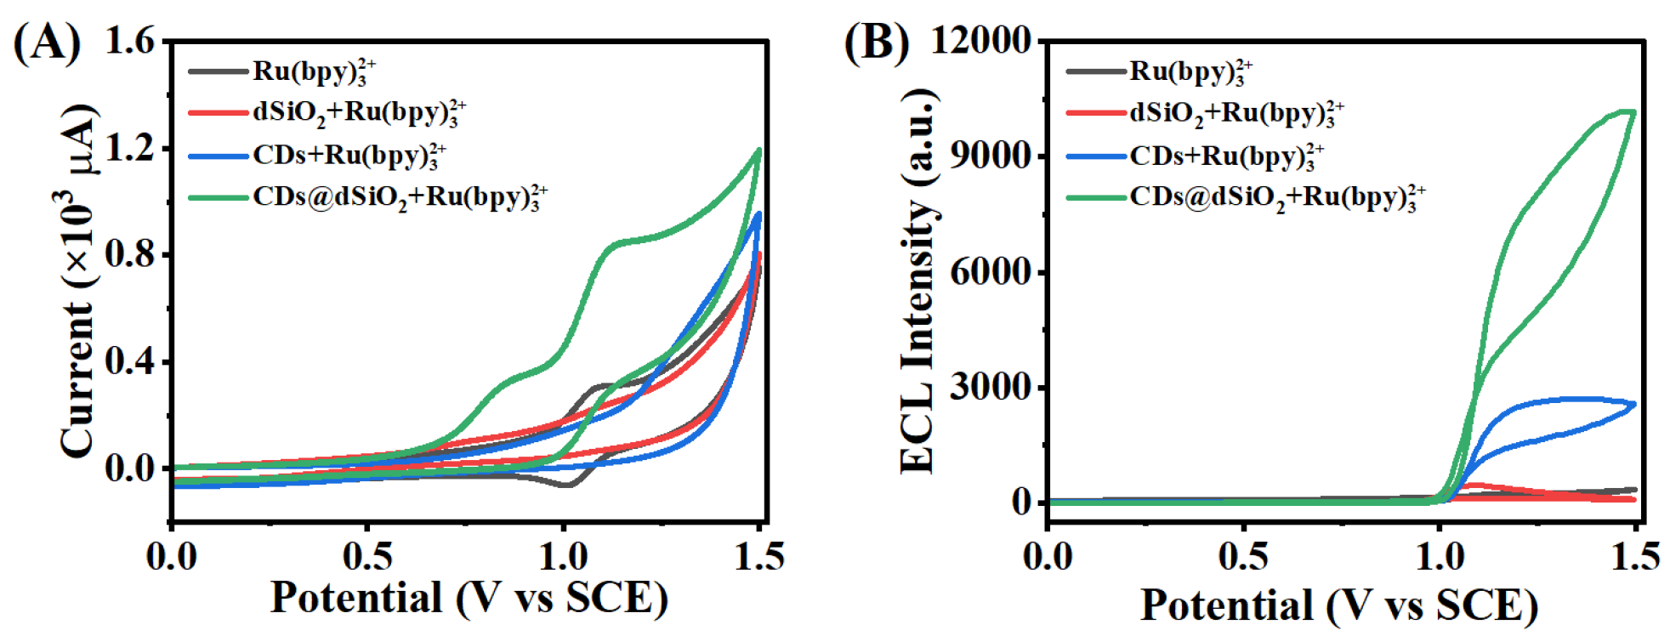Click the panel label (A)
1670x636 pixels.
[47, 43]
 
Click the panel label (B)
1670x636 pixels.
[876, 43]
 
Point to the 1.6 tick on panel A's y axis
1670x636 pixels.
[130, 41]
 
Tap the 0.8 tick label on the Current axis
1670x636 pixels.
[130, 254]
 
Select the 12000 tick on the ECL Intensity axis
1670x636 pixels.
[980, 40]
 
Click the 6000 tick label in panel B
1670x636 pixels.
[991, 272]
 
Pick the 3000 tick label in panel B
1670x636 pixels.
[991, 388]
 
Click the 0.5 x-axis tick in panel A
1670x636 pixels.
[367, 557]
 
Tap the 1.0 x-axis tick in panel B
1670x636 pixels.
[1440, 557]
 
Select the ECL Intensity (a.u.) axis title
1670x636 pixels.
[918, 281]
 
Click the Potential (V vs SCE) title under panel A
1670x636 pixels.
[469, 598]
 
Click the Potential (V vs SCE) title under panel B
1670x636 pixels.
[1338, 605]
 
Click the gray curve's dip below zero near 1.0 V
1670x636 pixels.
[566, 485]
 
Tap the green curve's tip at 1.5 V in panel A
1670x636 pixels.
[758, 150]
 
